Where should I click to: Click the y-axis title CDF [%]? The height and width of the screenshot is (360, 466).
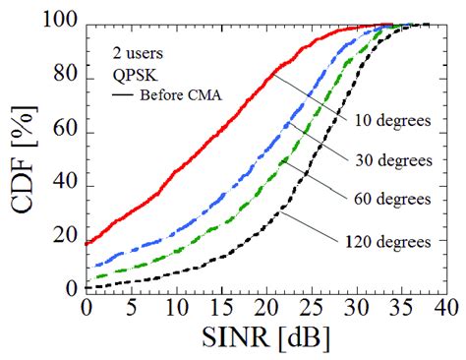pyautogui.click(x=24, y=157)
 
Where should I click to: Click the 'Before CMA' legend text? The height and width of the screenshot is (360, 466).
pyautogui.click(x=180, y=94)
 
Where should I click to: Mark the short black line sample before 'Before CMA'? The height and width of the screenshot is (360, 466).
pyautogui.click(x=124, y=94)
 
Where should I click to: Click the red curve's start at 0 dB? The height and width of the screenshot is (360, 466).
pyautogui.click(x=87, y=243)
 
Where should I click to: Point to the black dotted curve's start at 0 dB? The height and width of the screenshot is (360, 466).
pyautogui.click(x=87, y=287)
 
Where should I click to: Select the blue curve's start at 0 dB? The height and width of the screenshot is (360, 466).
pyautogui.click(x=87, y=267)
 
